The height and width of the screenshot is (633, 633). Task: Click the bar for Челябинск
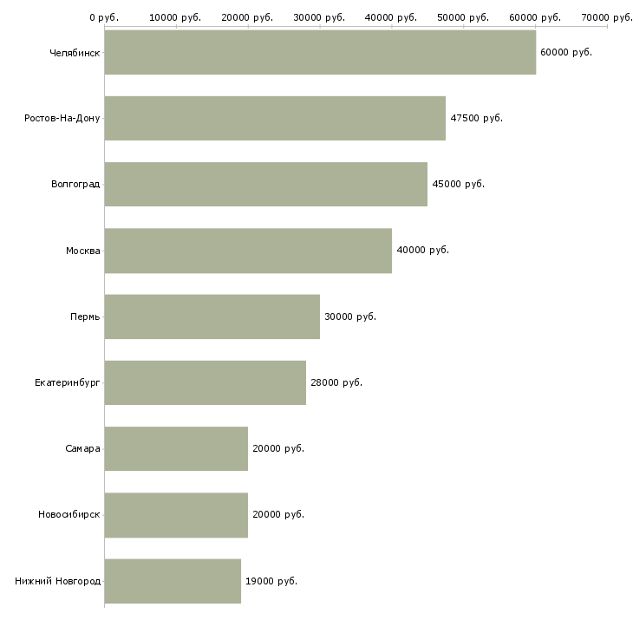point(320,52)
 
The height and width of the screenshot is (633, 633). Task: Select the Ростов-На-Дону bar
point(275,118)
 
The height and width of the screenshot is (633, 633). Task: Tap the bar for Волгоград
point(265,184)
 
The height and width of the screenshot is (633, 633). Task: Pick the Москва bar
point(248,251)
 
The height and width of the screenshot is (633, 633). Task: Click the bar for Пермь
point(212,316)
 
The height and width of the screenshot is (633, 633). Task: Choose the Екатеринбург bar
point(205,382)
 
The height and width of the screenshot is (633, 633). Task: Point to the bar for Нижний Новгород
point(173,581)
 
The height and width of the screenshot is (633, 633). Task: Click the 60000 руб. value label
point(565,52)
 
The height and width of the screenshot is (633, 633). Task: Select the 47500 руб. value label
point(476,118)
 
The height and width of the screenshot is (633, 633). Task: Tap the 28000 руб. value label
point(336,382)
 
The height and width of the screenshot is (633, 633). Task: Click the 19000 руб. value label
point(271,581)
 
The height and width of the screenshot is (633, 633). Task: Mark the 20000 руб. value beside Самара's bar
point(278,448)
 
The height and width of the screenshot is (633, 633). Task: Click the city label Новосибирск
point(69,514)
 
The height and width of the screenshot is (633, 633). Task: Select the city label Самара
point(82,448)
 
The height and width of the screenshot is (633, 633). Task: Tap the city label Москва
point(82,251)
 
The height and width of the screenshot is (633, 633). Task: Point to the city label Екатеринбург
point(68,382)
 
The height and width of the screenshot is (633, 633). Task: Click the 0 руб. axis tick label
point(104,17)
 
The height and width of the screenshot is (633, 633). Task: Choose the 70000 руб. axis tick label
point(607,17)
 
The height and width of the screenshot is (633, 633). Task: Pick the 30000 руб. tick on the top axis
point(320,17)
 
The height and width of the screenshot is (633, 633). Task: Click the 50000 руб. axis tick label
point(463,17)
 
